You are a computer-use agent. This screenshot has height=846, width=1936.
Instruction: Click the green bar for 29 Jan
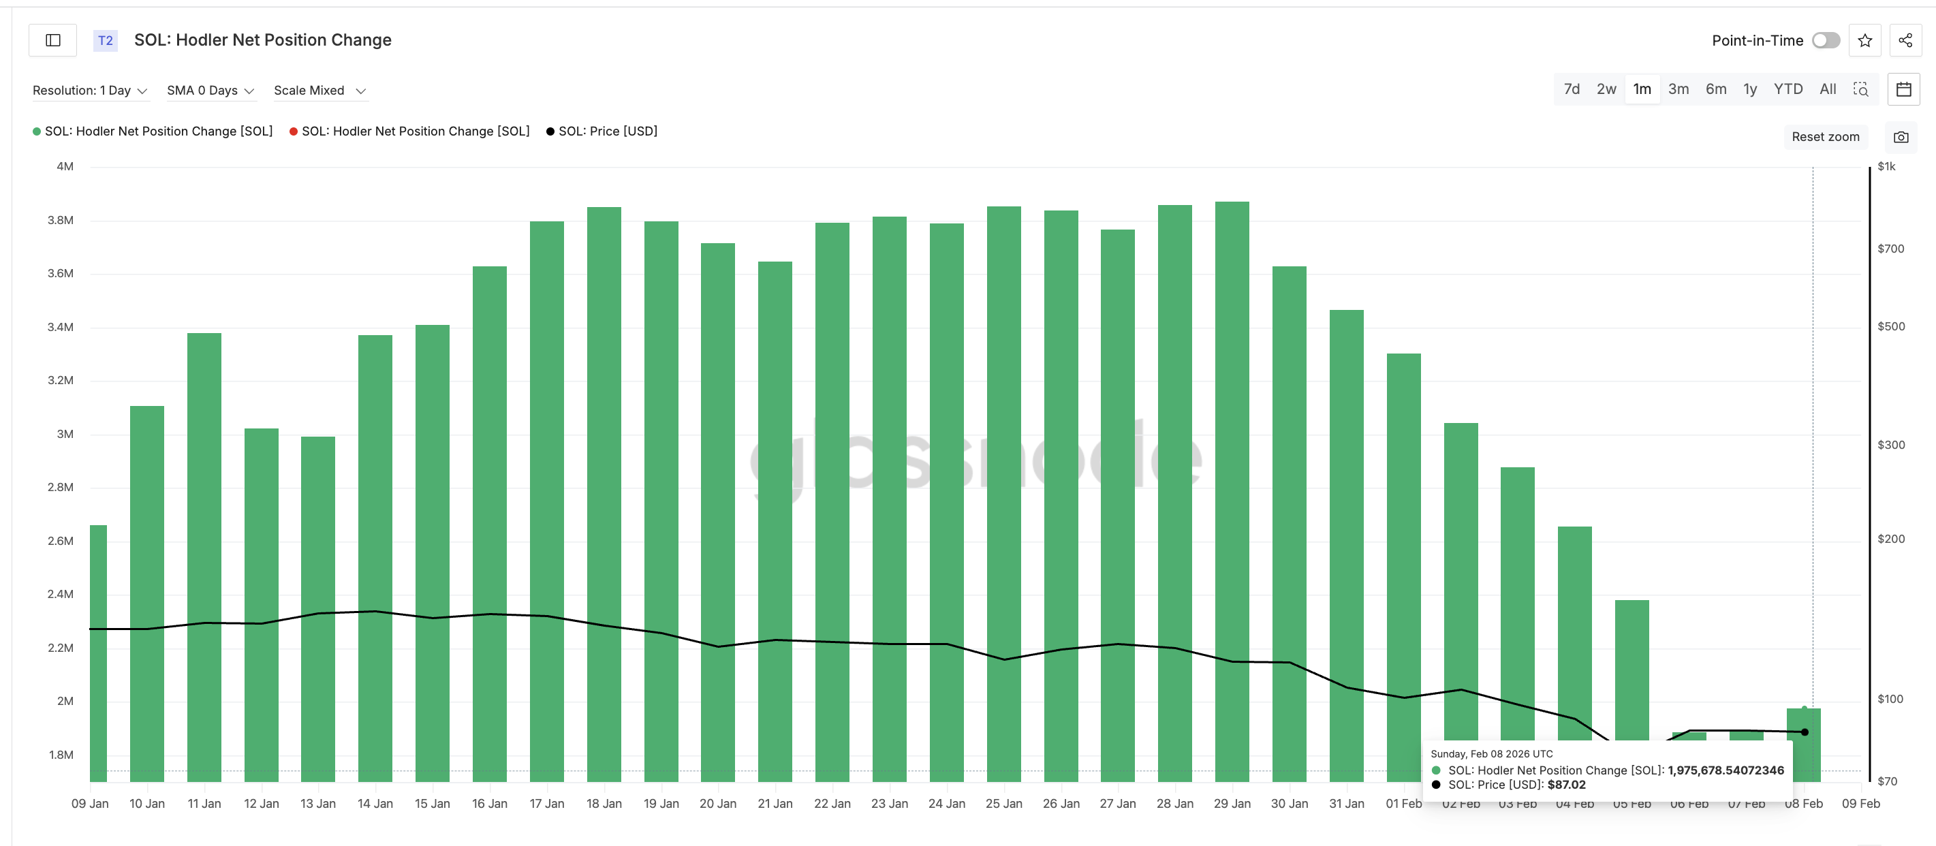point(1232,488)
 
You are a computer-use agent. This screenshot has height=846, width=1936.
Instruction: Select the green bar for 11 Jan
point(204,556)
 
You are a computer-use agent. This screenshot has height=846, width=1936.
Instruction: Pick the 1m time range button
point(1642,89)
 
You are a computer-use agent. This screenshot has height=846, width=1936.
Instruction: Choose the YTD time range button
point(1788,89)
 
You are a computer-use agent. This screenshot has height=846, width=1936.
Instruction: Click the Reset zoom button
point(1825,137)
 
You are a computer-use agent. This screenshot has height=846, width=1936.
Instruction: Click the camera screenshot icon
point(1901,137)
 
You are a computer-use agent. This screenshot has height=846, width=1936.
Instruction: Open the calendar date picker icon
point(1904,89)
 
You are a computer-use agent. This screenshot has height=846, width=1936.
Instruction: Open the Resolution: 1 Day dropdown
point(89,91)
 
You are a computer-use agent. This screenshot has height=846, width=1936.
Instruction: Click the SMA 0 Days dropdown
point(210,91)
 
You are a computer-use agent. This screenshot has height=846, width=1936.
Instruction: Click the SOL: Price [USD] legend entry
point(607,131)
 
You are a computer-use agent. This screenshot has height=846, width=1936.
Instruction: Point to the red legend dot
point(293,131)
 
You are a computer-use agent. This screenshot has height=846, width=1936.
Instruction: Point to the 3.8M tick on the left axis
point(61,220)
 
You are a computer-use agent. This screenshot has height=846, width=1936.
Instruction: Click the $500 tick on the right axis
point(1890,326)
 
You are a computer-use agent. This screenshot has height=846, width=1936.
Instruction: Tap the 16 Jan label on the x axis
point(489,803)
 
